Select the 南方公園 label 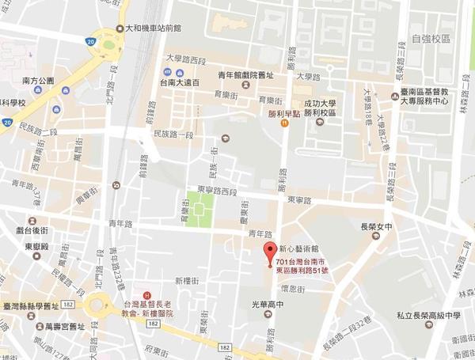pos(38,81)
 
